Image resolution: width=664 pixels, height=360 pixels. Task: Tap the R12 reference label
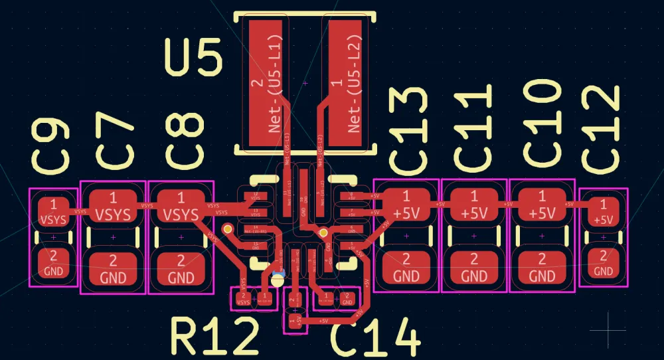[x=214, y=337]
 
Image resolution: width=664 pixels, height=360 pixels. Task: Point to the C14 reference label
[x=375, y=339]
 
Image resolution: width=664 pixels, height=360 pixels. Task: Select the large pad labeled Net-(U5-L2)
[x=345, y=83]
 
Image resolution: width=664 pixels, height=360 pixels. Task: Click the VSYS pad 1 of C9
[x=53, y=211]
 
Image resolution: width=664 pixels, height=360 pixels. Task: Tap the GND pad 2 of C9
[x=53, y=264]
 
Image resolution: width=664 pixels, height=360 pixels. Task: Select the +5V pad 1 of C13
[x=407, y=206]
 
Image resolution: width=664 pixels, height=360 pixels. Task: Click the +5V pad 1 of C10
[x=542, y=206]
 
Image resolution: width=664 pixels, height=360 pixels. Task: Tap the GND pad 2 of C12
[x=603, y=263]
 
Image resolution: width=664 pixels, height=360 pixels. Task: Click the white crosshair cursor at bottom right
[x=608, y=329]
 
